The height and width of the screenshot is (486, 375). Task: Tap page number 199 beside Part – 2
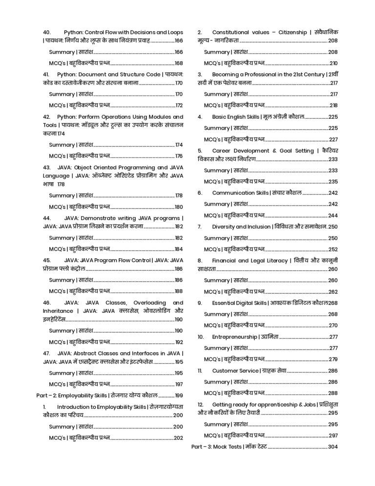(178, 395)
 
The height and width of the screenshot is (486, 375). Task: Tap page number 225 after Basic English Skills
(333, 117)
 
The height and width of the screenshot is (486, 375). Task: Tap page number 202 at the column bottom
(178, 438)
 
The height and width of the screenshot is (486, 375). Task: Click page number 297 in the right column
(333, 435)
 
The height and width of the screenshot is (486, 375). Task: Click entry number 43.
(47, 167)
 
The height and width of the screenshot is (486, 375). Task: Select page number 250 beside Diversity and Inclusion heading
(333, 227)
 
